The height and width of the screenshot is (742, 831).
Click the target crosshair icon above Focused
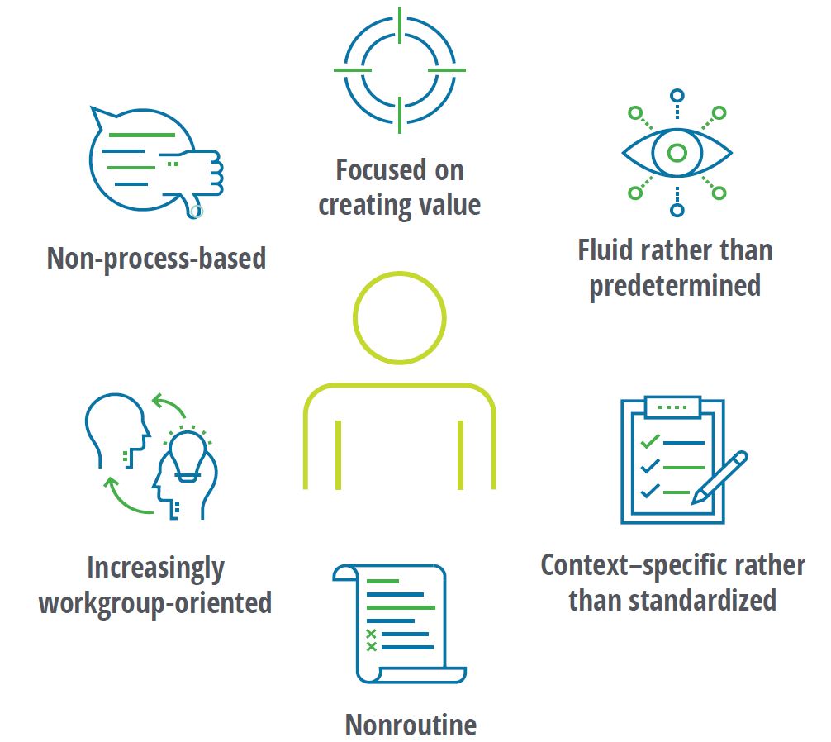tap(399, 70)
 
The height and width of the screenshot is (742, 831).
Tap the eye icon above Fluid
tap(677, 153)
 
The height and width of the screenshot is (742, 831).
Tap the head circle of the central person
tap(399, 317)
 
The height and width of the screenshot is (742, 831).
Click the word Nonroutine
tap(411, 725)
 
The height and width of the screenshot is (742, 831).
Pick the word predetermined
tap(674, 286)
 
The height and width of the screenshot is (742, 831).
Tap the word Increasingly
tap(155, 568)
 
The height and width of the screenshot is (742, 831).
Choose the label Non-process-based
tap(156, 259)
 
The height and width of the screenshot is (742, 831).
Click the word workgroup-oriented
tap(155, 602)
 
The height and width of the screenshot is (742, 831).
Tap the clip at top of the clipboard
tap(672, 407)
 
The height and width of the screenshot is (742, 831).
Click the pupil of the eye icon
tap(677, 153)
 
